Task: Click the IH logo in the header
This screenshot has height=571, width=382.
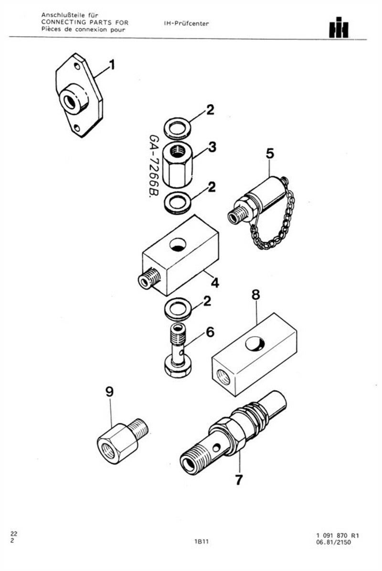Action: pyautogui.click(x=339, y=27)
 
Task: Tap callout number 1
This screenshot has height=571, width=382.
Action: pyautogui.click(x=112, y=65)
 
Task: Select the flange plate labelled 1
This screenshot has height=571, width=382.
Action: pyautogui.click(x=79, y=95)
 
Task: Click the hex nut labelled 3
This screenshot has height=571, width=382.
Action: pyautogui.click(x=178, y=164)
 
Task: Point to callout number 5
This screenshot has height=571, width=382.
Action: pyautogui.click(x=270, y=153)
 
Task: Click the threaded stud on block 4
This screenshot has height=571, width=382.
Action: pyautogui.click(x=149, y=279)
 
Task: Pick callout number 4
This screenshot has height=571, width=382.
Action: pyautogui.click(x=215, y=282)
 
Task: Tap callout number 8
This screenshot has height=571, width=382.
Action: pyautogui.click(x=256, y=295)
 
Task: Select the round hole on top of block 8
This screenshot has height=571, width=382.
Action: pyautogui.click(x=255, y=343)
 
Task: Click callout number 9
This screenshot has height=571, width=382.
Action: pyautogui.click(x=109, y=392)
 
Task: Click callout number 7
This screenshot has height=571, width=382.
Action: pyautogui.click(x=239, y=479)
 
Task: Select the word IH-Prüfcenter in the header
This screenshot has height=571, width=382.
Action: pyautogui.click(x=186, y=24)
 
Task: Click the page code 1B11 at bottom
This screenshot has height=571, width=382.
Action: pyautogui.click(x=201, y=542)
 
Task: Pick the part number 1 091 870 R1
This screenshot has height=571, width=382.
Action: pyautogui.click(x=338, y=535)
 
